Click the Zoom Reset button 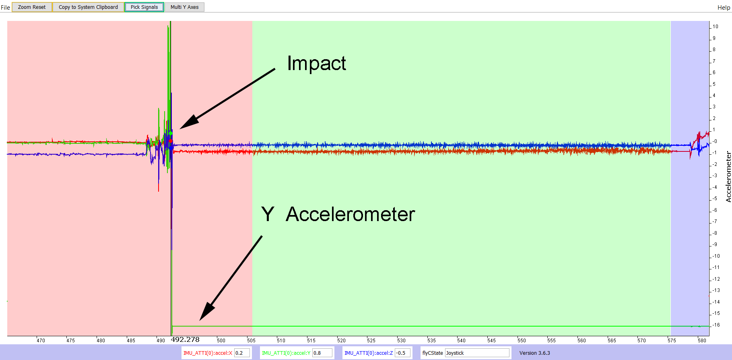pyautogui.click(x=32, y=7)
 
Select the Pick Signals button pyautogui.click(x=144, y=7)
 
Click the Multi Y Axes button pyautogui.click(x=184, y=7)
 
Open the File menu pyautogui.click(x=5, y=7)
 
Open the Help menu pyautogui.click(x=724, y=7)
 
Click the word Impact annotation pyautogui.click(x=316, y=63)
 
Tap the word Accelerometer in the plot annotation pyautogui.click(x=350, y=214)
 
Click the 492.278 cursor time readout pyautogui.click(x=185, y=339)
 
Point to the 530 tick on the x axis pyautogui.click(x=401, y=340)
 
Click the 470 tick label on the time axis pyautogui.click(x=41, y=340)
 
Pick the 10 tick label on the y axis pyautogui.click(x=716, y=27)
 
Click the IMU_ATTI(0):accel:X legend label pyautogui.click(x=208, y=353)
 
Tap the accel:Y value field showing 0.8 pyautogui.click(x=323, y=353)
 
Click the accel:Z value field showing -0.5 pyautogui.click(x=402, y=353)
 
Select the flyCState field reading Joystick pyautogui.click(x=477, y=353)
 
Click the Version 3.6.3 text pyautogui.click(x=534, y=353)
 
